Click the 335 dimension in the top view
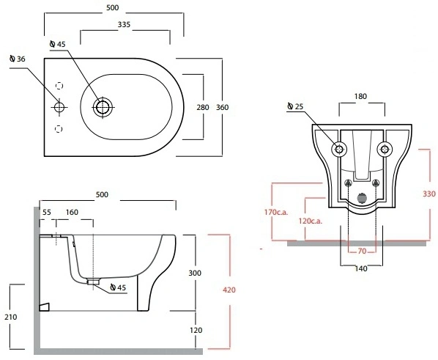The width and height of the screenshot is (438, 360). click(x=124, y=25)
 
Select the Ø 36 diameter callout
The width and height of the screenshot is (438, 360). click(x=17, y=59)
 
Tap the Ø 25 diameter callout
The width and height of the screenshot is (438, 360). click(x=295, y=106)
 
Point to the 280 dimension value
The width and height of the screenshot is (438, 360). click(x=203, y=107)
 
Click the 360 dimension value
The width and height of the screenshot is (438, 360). click(x=223, y=107)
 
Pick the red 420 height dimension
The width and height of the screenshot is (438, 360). click(x=229, y=290)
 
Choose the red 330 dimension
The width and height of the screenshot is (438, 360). click(x=429, y=194)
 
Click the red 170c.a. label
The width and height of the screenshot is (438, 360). click(x=276, y=213)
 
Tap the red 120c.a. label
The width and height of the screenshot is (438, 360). click(x=311, y=221)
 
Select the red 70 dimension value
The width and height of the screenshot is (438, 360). click(x=362, y=251)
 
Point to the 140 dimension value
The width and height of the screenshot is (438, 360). click(x=361, y=269)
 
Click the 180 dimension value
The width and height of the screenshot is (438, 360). click(x=360, y=97)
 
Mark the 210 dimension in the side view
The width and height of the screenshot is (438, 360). click(x=10, y=317)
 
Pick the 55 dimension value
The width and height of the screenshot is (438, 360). click(x=47, y=213)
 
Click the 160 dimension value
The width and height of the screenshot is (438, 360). click(x=72, y=213)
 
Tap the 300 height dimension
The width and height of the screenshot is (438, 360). click(x=195, y=273)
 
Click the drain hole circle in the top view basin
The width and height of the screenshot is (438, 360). click(x=103, y=107)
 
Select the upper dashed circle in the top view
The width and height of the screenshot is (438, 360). click(x=59, y=86)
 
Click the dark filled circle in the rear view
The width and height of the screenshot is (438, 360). click(x=362, y=198)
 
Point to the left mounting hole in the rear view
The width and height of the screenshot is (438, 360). click(x=339, y=149)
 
